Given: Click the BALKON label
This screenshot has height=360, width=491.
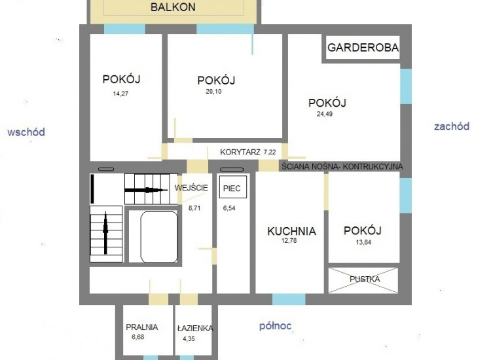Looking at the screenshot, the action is [x=173, y=7].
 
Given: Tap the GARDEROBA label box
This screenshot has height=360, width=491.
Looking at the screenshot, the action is [x=363, y=48].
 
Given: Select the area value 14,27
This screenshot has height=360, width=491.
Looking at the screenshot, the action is [x=120, y=94].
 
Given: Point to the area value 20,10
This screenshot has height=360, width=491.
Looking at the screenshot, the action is [x=213, y=92].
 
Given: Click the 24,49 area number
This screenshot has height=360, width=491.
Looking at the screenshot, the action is [x=325, y=114].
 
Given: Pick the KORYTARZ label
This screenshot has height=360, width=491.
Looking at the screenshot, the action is [x=240, y=152].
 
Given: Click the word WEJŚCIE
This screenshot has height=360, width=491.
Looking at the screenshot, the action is [x=191, y=188].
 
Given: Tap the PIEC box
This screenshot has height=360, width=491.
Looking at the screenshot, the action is [x=232, y=187].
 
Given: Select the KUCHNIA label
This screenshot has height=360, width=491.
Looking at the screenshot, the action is [x=291, y=231].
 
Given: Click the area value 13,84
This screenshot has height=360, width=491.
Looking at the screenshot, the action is [x=363, y=242].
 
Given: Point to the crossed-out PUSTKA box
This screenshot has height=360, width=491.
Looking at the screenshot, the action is [x=363, y=280].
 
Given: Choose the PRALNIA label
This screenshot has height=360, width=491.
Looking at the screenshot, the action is [x=142, y=327].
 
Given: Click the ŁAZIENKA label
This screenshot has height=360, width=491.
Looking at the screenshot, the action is [x=195, y=329].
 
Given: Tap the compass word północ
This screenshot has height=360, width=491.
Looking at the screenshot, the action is [x=275, y=326].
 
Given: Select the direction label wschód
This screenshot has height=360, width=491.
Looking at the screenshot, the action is [x=26, y=132].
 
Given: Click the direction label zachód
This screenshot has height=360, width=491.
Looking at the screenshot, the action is [x=452, y=126].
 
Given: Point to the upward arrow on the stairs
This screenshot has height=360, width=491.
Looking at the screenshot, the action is [x=105, y=232].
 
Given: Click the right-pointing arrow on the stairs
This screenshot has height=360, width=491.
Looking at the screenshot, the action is [x=146, y=190].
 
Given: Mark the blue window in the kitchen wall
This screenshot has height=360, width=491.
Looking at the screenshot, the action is [x=289, y=299].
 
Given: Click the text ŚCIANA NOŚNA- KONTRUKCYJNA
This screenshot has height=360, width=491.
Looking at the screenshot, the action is [x=342, y=166].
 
